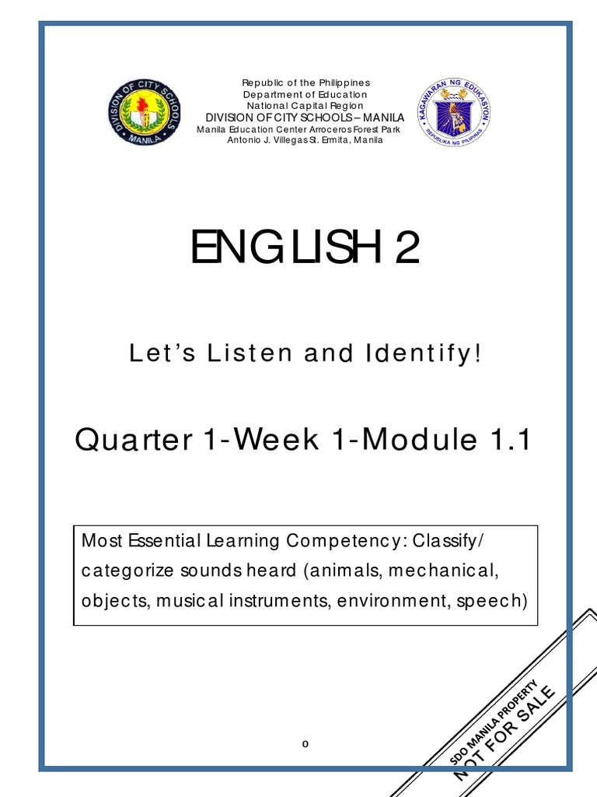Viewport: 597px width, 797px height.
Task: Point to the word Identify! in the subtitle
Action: pyautogui.click(x=424, y=355)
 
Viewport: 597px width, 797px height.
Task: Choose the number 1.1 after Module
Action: pyautogui.click(x=506, y=441)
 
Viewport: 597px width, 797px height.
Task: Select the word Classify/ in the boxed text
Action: pyautogui.click(x=452, y=541)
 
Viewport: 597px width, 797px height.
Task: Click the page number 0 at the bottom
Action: pyautogui.click(x=305, y=743)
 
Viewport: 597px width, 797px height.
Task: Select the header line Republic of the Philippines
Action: pyautogui.click(x=305, y=83)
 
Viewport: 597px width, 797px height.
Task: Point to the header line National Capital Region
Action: pyautogui.click(x=305, y=105)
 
